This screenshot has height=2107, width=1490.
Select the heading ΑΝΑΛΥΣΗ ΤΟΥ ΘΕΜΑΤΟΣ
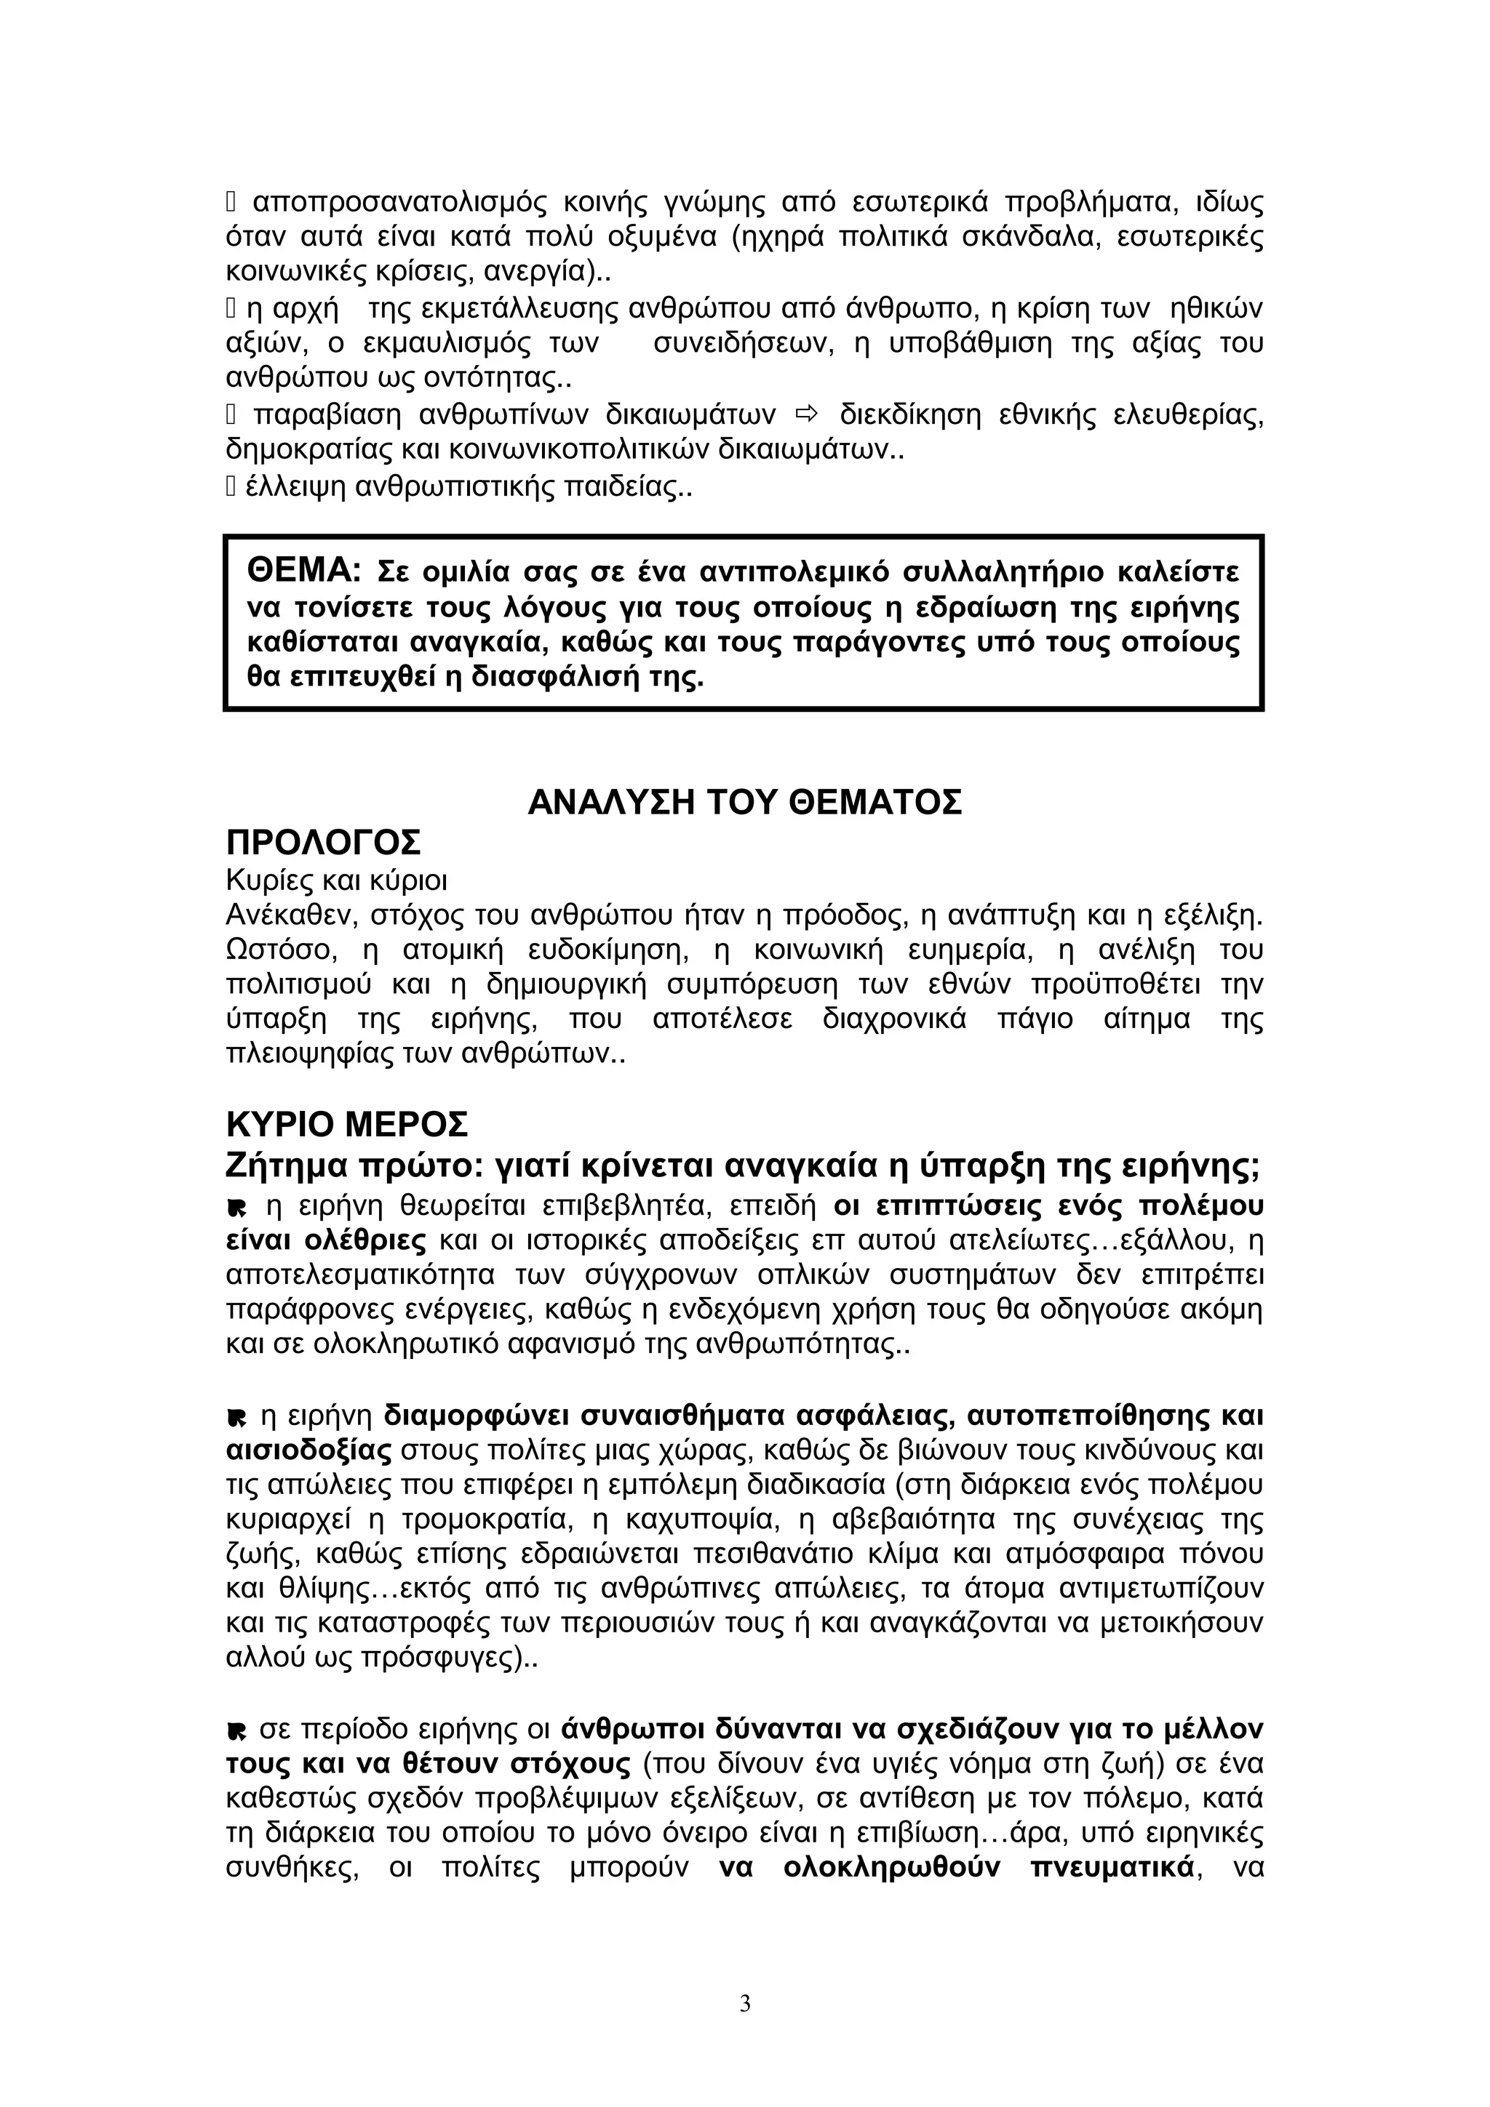pyautogui.click(x=744, y=803)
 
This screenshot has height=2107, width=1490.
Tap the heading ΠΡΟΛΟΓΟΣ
pyautogui.click(x=323, y=841)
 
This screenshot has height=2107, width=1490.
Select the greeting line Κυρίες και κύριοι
pyautogui.click(x=336, y=881)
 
